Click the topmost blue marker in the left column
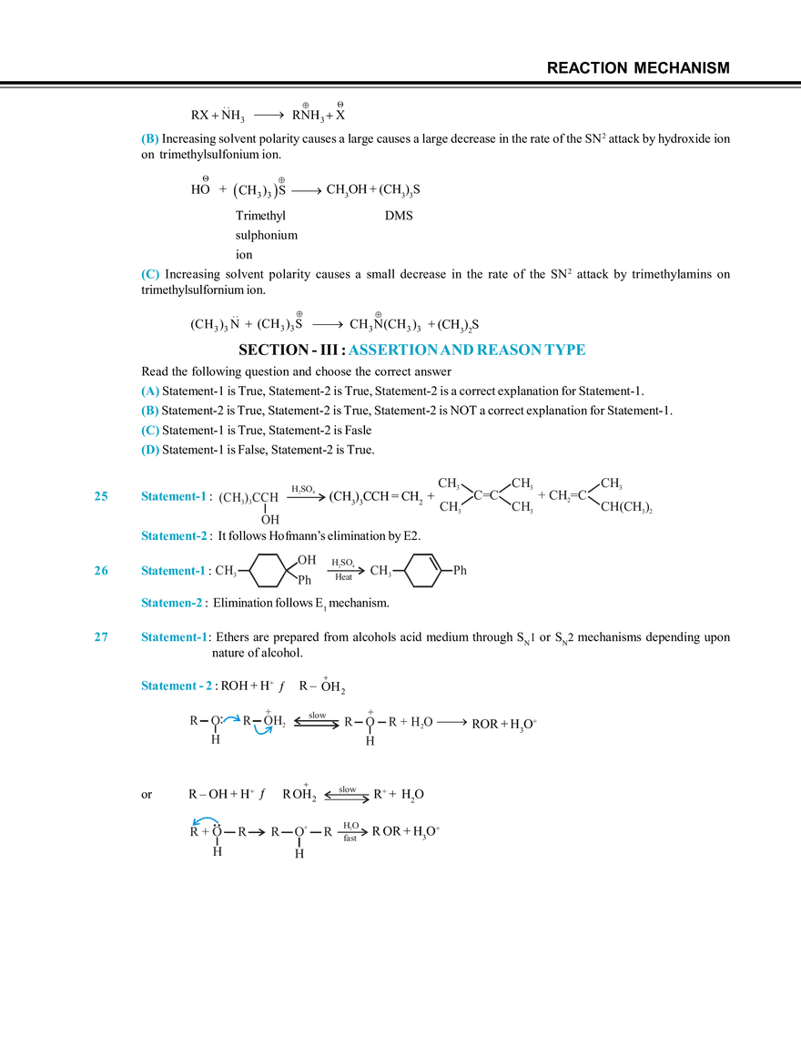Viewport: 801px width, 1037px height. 149,139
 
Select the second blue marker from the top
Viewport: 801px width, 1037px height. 149,273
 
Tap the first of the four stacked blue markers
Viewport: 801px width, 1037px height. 149,391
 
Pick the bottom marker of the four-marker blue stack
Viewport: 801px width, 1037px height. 149,450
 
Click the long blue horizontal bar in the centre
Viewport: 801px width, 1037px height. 469,349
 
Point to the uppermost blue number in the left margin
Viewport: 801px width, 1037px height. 100,496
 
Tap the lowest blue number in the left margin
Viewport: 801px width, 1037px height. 100,637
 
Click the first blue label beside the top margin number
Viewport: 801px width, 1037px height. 174,496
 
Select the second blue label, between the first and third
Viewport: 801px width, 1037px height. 174,536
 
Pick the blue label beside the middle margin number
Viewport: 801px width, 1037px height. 174,570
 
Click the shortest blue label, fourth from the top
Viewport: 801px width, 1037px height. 170,603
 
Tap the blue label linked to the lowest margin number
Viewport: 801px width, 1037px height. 174,637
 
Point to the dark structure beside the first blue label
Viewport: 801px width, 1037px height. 271,499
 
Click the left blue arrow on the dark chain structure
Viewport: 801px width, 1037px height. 232,718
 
